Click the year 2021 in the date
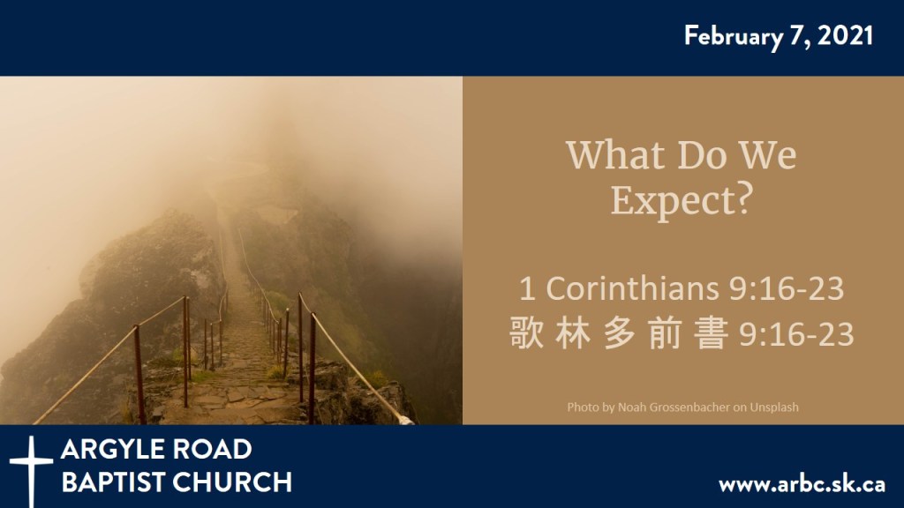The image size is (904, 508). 846,36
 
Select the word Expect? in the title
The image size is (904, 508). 681,200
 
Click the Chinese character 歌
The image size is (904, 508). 527,335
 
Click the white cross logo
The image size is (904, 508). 31,467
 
